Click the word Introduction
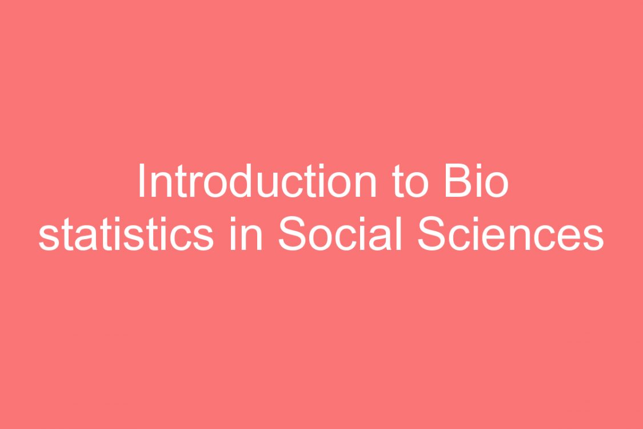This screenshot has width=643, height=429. (258, 181)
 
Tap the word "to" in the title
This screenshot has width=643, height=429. (410, 181)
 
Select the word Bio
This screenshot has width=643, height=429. (477, 181)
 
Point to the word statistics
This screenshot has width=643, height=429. (126, 233)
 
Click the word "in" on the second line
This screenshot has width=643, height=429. (246, 233)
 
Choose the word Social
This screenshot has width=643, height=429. (341, 233)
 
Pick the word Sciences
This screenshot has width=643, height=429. (511, 233)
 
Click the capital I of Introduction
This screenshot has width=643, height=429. (142, 181)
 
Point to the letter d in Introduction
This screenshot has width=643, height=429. (242, 181)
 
